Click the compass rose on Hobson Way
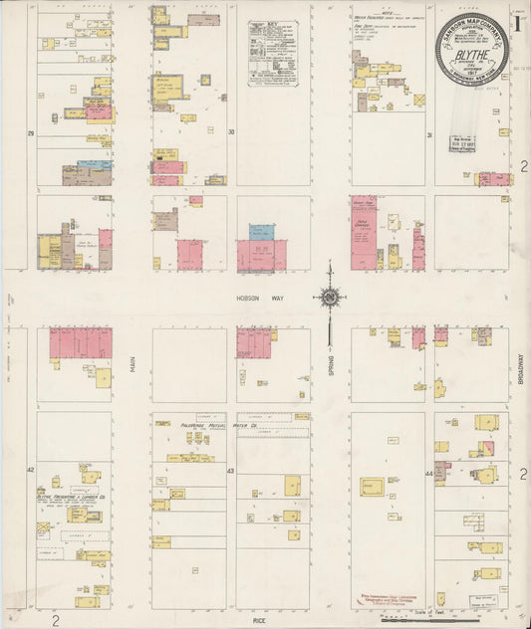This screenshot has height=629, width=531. (329, 297)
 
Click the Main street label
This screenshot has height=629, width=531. (132, 367)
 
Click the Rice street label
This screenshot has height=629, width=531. (259, 622)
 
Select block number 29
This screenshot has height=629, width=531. (32, 131)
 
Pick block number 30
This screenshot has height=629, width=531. (231, 131)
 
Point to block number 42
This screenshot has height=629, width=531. (32, 468)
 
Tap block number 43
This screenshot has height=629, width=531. (231, 469)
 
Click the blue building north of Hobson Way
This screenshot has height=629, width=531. (261, 232)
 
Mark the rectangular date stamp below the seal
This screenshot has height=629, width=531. (461, 143)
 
